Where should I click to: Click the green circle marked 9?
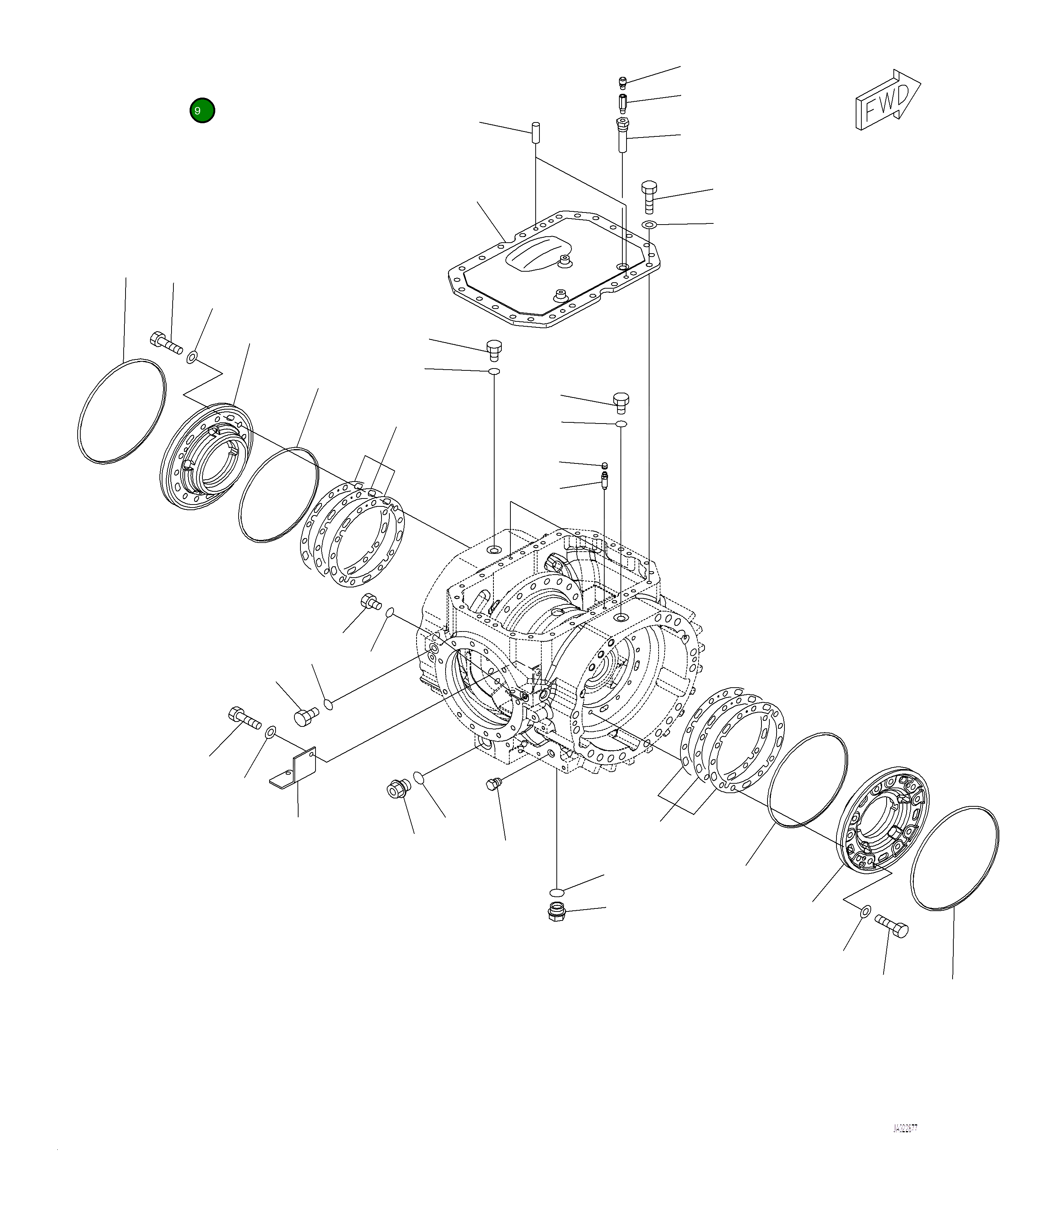(202, 110)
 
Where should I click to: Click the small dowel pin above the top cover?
(536, 132)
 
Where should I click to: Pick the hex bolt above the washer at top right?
(648, 196)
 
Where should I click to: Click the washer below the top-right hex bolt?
(649, 225)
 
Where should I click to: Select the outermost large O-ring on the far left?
(121, 411)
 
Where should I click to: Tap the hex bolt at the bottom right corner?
(892, 926)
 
